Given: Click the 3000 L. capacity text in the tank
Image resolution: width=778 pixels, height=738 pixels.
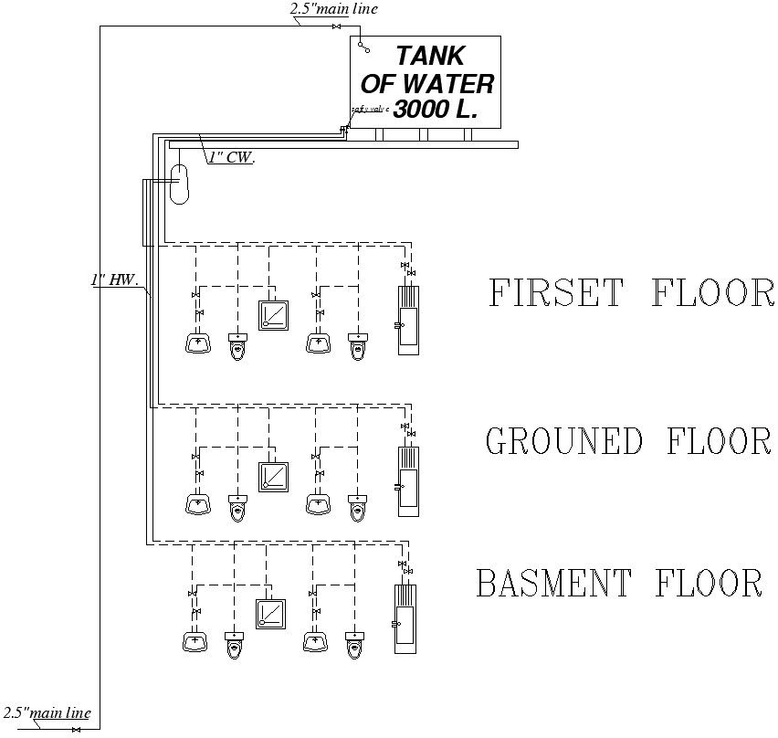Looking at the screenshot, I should (435, 109).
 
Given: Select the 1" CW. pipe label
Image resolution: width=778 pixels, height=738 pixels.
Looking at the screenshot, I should (231, 157).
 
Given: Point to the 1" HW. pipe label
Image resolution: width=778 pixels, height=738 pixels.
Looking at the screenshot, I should (113, 280).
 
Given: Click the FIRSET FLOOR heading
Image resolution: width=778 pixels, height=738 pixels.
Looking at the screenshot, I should (631, 293).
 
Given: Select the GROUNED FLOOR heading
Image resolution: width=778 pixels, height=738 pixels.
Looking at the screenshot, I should (628, 441).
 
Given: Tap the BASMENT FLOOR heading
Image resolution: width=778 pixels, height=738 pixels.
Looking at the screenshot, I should (619, 583).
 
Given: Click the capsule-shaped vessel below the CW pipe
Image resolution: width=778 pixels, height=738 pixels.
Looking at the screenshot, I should (180, 184).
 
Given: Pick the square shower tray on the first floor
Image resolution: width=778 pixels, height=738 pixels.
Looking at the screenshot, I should (273, 315).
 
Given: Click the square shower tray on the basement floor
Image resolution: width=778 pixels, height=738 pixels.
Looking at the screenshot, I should (269, 612).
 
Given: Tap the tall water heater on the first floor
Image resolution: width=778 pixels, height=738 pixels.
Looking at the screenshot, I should (407, 319).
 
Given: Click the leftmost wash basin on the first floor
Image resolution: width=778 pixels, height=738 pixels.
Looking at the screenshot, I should (197, 343).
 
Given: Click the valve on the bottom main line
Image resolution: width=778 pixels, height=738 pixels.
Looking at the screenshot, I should (77, 730).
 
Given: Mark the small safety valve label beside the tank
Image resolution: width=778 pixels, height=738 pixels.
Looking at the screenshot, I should (369, 109).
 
